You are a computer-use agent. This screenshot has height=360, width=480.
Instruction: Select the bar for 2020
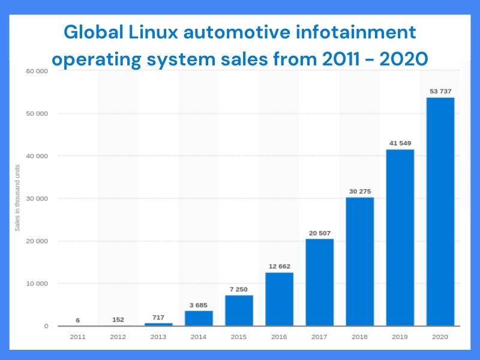[440, 212]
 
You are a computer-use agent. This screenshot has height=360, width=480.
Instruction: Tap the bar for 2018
[359, 262]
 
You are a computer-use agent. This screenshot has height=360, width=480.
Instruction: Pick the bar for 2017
[319, 282]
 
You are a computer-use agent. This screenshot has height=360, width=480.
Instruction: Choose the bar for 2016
[279, 299]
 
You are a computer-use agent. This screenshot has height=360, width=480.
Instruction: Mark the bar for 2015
[239, 310]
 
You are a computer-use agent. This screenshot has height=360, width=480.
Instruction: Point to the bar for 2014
[199, 318]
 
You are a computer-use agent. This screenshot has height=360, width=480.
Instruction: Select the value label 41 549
[400, 143]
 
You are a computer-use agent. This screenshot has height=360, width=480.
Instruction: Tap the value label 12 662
[279, 265]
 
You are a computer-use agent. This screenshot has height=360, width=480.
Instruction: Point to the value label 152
[118, 319]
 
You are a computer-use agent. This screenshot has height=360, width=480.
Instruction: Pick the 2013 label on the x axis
[158, 337]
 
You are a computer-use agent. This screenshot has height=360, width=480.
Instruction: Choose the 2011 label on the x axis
[77, 337]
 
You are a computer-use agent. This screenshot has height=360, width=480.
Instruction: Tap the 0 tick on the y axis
[46, 326]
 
